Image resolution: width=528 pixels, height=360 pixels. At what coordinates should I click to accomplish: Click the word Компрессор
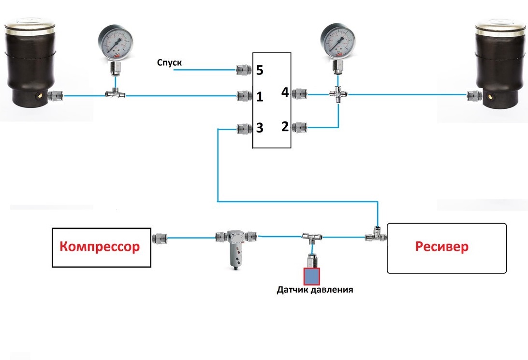100,247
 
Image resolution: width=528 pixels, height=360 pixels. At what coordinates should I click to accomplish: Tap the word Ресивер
442,246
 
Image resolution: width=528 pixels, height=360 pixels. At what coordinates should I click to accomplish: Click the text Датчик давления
315,290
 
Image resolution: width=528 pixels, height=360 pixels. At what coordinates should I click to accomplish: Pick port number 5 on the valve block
260,71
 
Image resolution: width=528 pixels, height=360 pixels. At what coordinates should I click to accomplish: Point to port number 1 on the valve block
260,97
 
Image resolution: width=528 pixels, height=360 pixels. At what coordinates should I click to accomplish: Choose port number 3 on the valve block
260,128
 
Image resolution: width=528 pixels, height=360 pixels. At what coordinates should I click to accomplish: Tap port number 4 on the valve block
285,92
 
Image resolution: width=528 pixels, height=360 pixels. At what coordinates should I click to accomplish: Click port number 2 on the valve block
285,127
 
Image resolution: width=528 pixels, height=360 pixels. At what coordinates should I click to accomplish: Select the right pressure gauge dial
338,42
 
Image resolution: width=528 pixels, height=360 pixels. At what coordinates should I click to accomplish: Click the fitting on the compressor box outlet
158,238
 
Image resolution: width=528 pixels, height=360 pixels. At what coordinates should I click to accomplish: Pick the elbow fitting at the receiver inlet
376,234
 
